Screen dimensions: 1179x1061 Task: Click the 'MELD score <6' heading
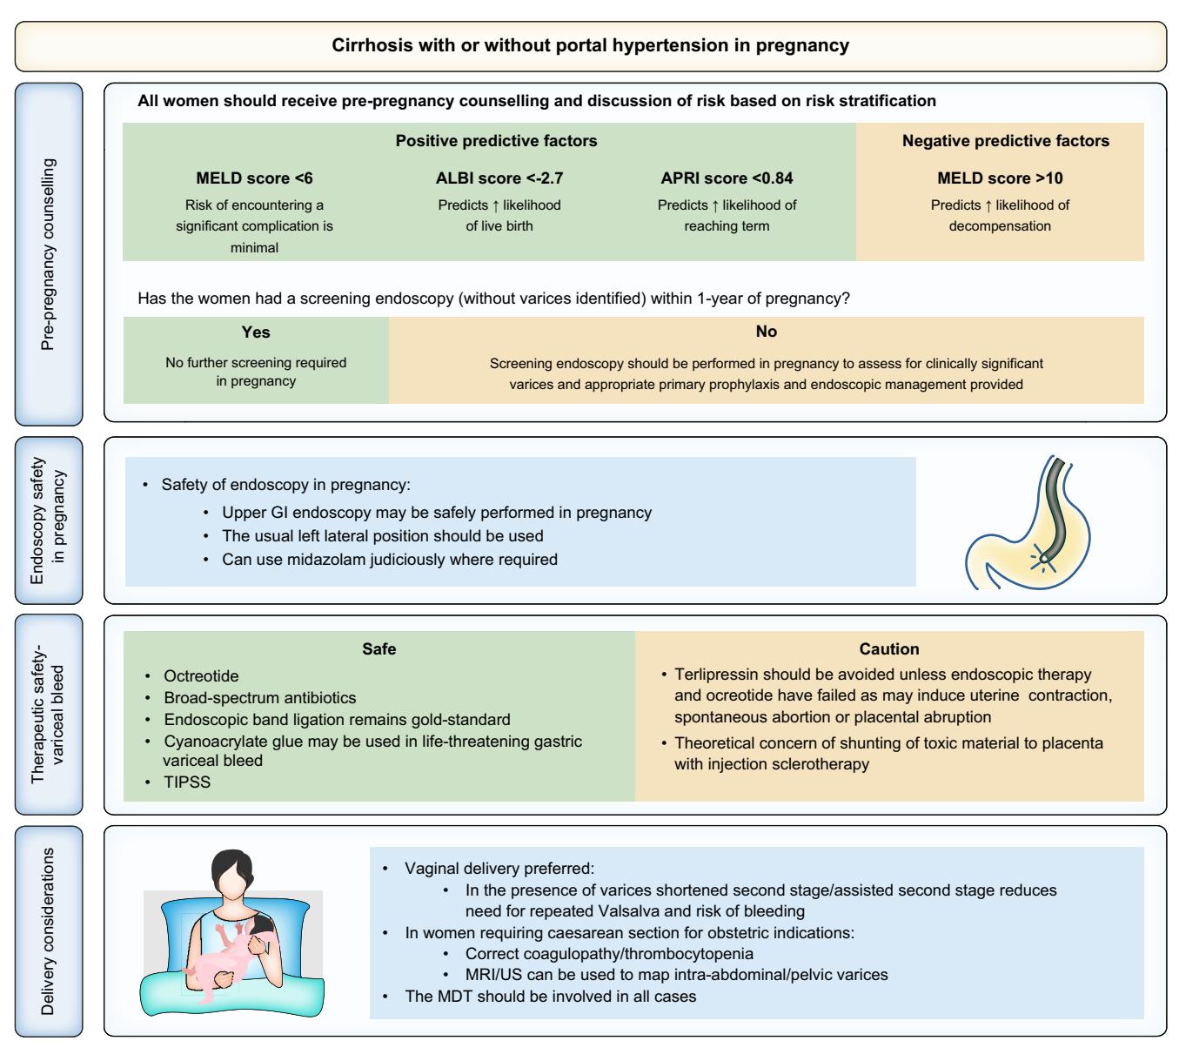[254, 178]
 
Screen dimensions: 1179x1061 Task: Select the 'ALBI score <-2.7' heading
[499, 178]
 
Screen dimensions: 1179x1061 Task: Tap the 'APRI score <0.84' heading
[727, 178]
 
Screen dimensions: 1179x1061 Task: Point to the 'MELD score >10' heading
[1000, 178]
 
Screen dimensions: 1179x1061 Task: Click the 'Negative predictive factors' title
[1006, 140]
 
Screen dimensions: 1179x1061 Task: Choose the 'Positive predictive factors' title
[496, 140]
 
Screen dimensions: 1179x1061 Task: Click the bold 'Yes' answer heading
[256, 332]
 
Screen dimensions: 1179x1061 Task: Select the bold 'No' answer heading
[767, 332]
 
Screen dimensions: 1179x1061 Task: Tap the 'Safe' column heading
[379, 648]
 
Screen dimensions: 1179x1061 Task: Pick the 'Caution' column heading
[888, 648]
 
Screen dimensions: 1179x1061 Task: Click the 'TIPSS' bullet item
[187, 782]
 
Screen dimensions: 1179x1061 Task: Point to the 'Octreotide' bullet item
[201, 676]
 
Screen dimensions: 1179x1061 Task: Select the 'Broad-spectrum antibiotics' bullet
[260, 698]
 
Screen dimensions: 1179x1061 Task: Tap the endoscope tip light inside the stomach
[1042, 558]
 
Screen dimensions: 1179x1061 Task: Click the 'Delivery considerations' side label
[48, 931]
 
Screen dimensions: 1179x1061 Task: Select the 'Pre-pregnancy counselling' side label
[48, 254]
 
